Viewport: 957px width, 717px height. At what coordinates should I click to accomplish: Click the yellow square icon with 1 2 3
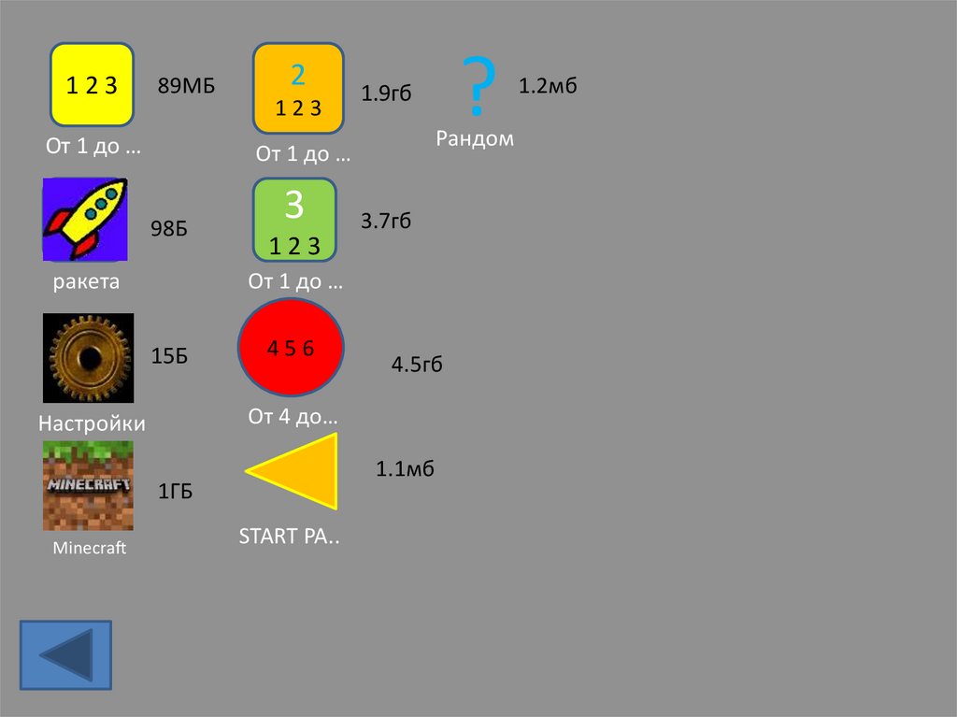[92, 85]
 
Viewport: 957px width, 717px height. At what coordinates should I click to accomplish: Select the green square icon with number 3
[294, 220]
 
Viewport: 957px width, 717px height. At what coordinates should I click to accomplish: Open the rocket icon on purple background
[85, 220]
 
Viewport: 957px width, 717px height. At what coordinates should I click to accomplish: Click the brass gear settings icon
[88, 358]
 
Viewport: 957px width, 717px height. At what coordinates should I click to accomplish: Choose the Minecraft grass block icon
[88, 486]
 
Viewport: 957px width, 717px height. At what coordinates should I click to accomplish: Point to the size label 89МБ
[186, 87]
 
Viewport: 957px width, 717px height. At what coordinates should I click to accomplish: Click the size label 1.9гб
[386, 93]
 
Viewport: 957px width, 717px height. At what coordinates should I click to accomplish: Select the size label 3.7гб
[386, 222]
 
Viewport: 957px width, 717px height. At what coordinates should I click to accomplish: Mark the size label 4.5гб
[416, 365]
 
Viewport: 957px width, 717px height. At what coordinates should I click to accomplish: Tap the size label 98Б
[169, 228]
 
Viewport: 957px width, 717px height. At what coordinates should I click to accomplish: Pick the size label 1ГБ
[175, 492]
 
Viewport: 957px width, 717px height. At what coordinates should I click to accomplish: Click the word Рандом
[475, 139]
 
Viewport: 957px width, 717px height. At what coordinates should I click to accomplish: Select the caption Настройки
[92, 423]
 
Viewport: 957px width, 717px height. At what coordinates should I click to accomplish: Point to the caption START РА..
[289, 538]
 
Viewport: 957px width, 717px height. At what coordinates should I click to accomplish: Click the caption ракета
[86, 281]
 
